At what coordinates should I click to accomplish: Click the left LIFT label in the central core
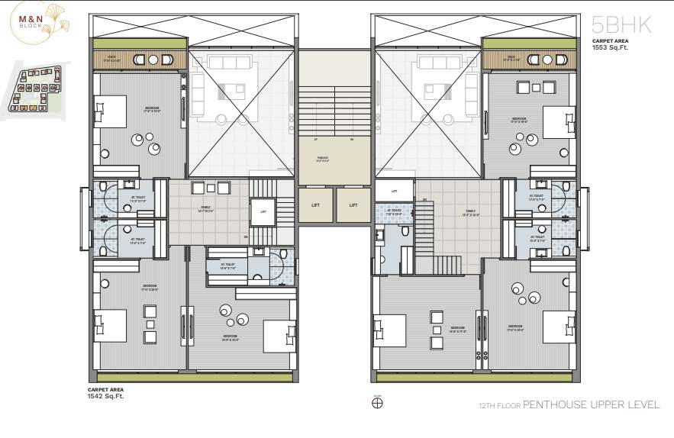pyautogui.click(x=315, y=205)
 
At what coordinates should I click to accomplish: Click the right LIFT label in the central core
pyautogui.click(x=353, y=205)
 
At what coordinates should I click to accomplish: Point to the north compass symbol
pyautogui.click(x=376, y=404)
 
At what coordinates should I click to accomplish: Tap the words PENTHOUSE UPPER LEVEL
pyautogui.click(x=591, y=404)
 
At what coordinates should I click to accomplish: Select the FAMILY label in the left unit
pyautogui.click(x=207, y=210)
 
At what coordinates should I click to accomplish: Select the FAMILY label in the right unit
pyautogui.click(x=471, y=214)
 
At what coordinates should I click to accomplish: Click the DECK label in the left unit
pyautogui.click(x=111, y=56)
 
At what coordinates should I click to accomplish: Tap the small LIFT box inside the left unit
pyautogui.click(x=263, y=212)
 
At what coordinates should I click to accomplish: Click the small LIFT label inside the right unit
pyautogui.click(x=394, y=192)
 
